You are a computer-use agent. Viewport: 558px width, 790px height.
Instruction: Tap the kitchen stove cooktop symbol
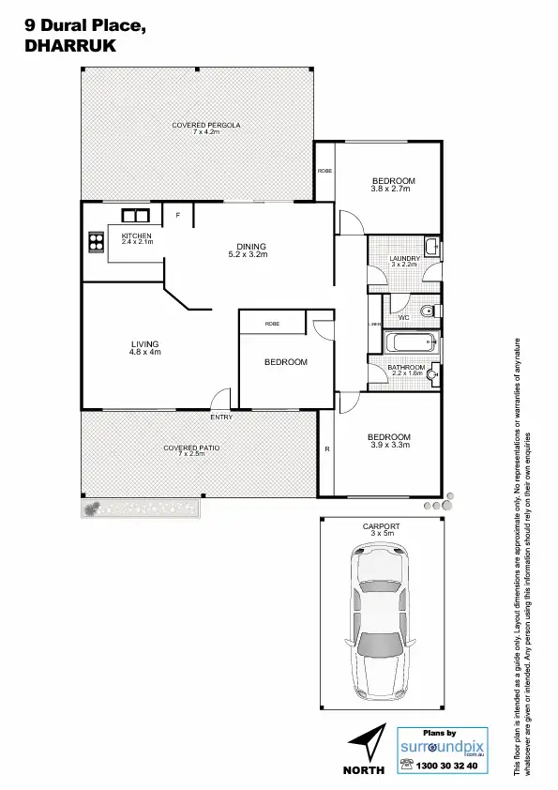click(x=95, y=243)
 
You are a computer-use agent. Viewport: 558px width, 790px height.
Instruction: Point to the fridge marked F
click(x=177, y=215)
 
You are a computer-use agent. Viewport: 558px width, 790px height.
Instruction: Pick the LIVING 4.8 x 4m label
click(x=144, y=348)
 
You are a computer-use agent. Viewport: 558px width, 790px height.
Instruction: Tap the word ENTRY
click(x=221, y=417)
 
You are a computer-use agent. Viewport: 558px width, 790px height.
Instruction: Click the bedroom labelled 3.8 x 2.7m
click(x=392, y=185)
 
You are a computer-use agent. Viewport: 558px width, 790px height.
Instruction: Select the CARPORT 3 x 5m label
click(x=381, y=530)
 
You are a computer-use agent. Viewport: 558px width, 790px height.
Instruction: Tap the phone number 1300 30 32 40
click(x=451, y=766)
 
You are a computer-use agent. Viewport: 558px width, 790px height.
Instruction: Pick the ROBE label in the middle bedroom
click(x=272, y=324)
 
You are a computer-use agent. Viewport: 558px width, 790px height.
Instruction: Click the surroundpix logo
click(x=445, y=748)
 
